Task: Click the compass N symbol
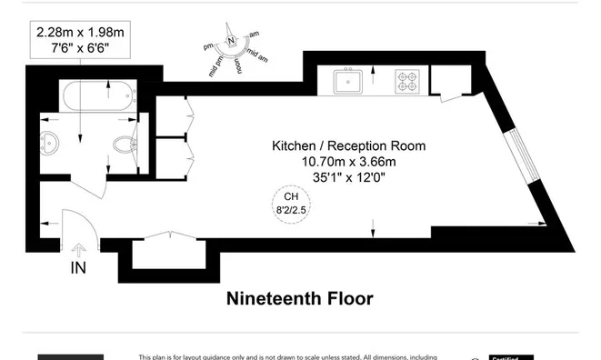[232, 41]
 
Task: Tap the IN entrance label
[80, 268]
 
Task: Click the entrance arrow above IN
[80, 249]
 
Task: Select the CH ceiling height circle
[291, 203]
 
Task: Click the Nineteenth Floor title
[299, 298]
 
